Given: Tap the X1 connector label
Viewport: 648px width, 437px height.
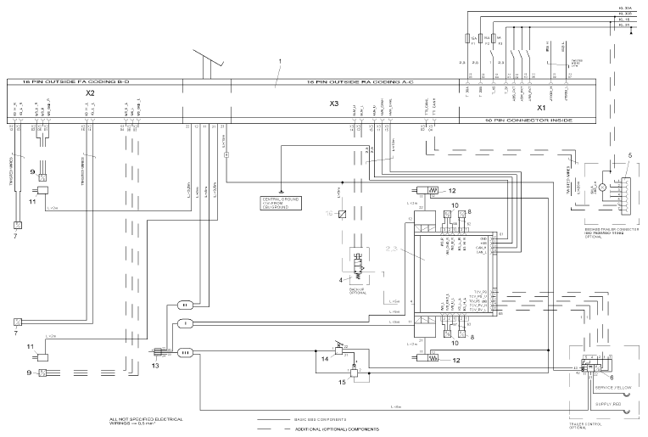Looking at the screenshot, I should coord(540,109).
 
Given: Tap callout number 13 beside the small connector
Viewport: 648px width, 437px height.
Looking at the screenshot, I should coord(154,366).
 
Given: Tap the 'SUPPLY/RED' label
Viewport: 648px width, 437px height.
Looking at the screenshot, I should coord(614,405).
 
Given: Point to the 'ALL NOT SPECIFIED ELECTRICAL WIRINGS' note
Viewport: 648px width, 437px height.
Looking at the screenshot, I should coord(146,422).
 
